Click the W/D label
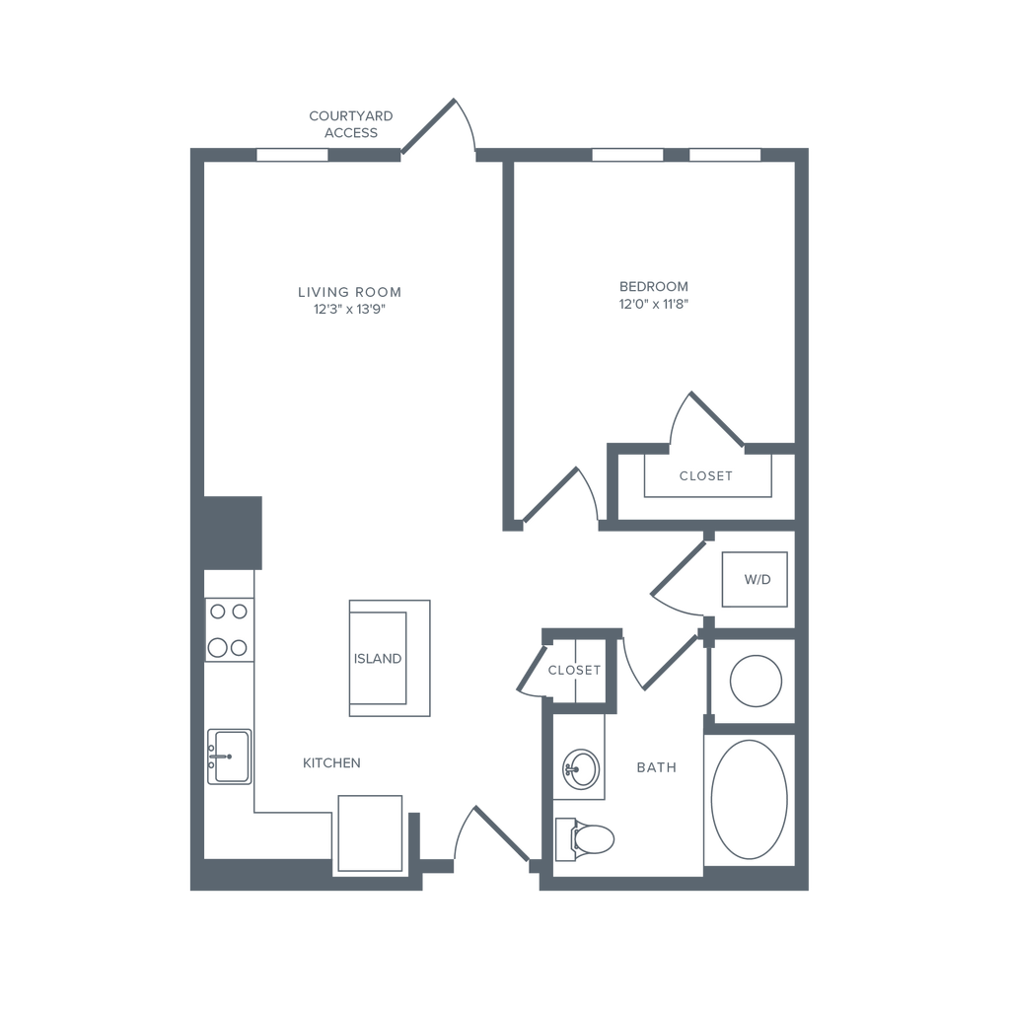click(757, 580)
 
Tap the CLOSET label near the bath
click(573, 671)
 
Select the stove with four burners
click(229, 629)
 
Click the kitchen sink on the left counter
click(231, 757)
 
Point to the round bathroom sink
click(580, 769)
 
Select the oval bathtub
click(750, 799)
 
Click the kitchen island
click(390, 657)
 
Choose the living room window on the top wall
click(292, 155)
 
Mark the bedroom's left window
click(627, 155)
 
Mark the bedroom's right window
click(725, 155)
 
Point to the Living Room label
click(349, 293)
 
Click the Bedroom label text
click(653, 287)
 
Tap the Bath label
click(656, 766)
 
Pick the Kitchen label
click(332, 762)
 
